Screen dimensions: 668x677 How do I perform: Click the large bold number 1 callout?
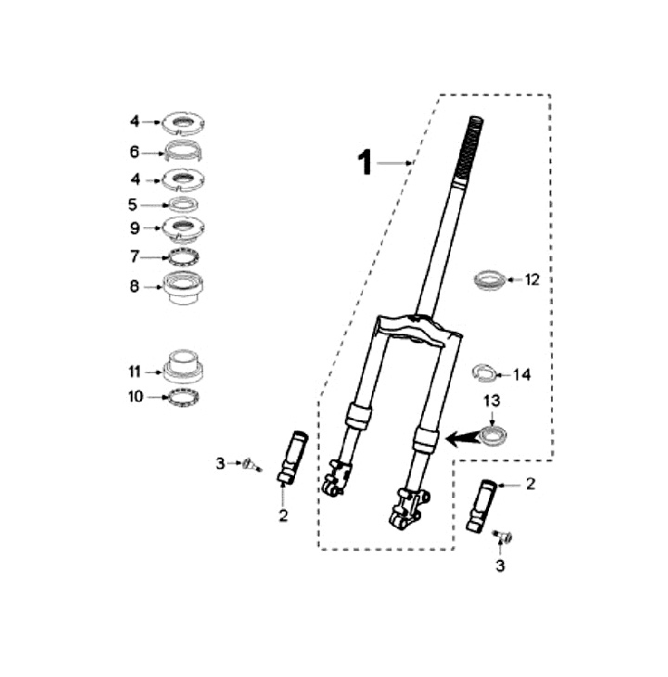(x=365, y=163)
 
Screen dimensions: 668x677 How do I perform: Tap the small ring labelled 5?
(x=183, y=204)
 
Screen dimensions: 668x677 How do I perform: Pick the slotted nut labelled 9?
(x=183, y=228)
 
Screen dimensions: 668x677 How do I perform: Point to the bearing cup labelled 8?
(x=183, y=287)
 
